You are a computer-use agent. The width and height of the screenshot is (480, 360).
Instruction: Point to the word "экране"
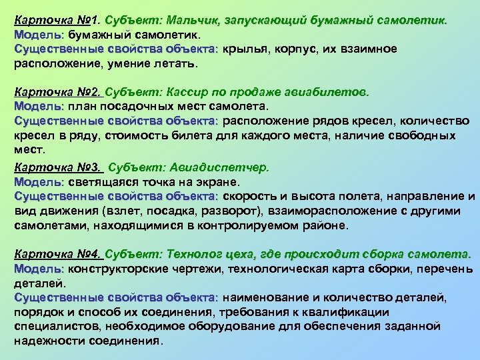pyautogui.click(x=219, y=181)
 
